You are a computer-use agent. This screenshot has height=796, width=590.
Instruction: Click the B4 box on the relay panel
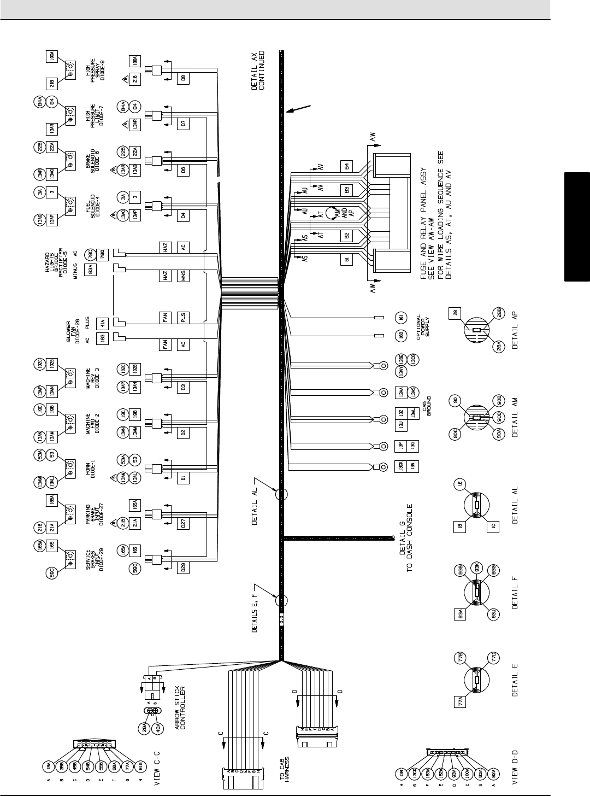click(346, 166)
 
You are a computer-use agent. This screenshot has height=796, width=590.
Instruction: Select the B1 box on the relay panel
click(346, 260)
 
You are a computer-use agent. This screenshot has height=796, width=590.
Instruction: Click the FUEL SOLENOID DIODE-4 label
click(93, 206)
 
